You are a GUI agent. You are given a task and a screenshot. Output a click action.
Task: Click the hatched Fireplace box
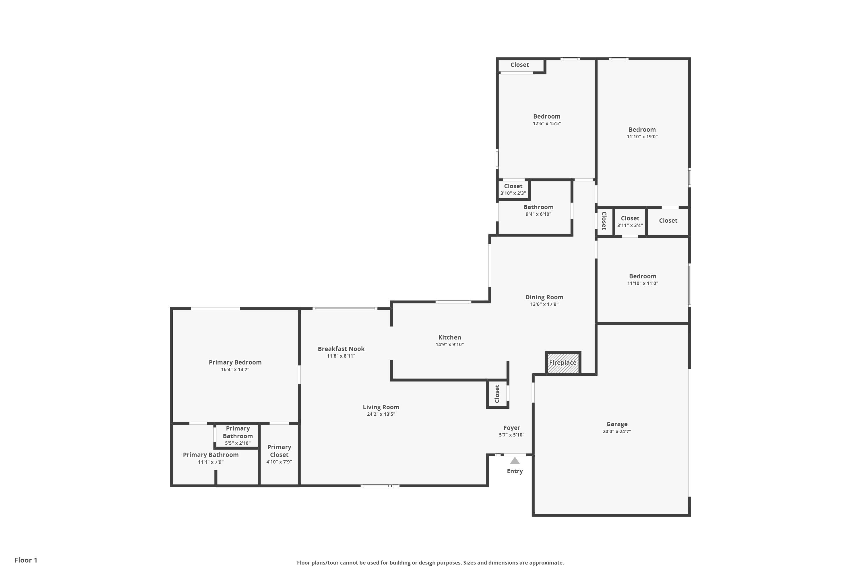pyautogui.click(x=563, y=363)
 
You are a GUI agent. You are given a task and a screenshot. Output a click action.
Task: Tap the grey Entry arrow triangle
pyautogui.click(x=515, y=461)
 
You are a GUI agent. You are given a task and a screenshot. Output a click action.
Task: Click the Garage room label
pyautogui.click(x=616, y=424)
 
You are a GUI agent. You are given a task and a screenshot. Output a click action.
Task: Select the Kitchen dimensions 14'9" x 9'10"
pyautogui.click(x=449, y=344)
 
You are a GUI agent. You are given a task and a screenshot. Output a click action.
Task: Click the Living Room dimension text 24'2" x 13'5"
pyautogui.click(x=381, y=414)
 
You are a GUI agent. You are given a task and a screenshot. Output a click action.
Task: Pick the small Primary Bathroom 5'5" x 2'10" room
pyautogui.click(x=238, y=435)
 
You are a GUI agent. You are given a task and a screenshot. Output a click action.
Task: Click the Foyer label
pyautogui.click(x=511, y=428)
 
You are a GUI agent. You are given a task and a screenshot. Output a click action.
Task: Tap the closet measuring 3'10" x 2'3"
pyautogui.click(x=513, y=189)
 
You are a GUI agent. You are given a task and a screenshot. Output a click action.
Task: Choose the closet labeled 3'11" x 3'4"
pyautogui.click(x=630, y=222)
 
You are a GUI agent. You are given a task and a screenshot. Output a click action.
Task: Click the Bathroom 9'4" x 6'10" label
pyautogui.click(x=538, y=207)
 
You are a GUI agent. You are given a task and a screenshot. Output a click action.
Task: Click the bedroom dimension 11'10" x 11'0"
pyautogui.click(x=643, y=283)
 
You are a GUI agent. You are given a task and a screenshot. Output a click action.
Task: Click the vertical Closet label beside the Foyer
pyautogui.click(x=497, y=393)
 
